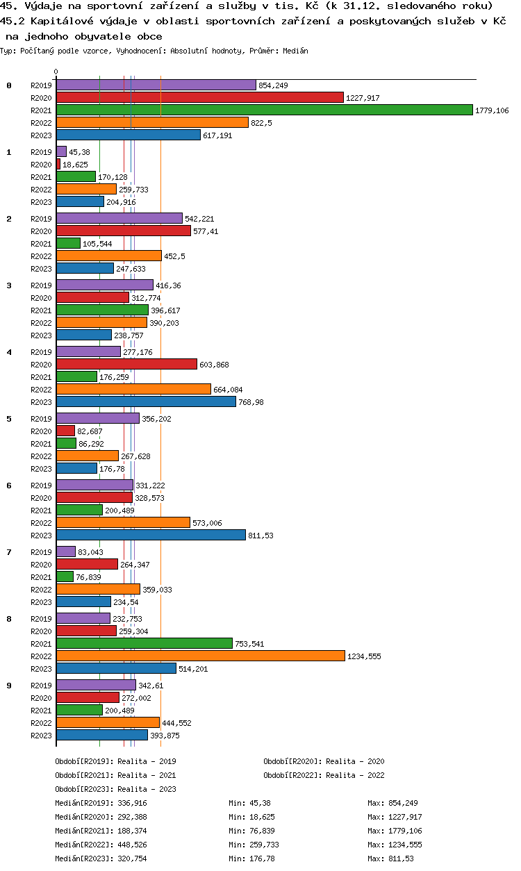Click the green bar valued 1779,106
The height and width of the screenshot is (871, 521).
pyautogui.click(x=264, y=110)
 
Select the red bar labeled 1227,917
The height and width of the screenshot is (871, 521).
pyautogui.click(x=199, y=97)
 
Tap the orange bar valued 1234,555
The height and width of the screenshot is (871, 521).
pyautogui.click(x=200, y=656)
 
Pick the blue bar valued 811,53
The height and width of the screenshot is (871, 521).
pyautogui.click(x=151, y=535)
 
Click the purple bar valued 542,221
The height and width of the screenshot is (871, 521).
pyautogui.click(x=119, y=218)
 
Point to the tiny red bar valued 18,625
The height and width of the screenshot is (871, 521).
pyautogui.click(x=58, y=164)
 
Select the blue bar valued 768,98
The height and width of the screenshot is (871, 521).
pyautogui.click(x=146, y=401)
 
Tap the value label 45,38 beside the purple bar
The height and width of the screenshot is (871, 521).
pyautogui.click(x=79, y=152)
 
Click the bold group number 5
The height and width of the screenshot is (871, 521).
pyautogui.click(x=9, y=419)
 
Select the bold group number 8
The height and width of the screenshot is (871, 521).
pyautogui.click(x=9, y=619)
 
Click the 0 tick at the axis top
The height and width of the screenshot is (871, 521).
pyautogui.click(x=56, y=72)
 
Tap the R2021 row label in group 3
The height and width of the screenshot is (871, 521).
pyautogui.click(x=41, y=310)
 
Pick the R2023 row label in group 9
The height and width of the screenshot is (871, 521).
pyautogui.click(x=41, y=736)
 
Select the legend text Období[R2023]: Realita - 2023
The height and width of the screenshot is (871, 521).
pyautogui.click(x=115, y=789)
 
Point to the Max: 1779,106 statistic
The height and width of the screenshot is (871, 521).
pyautogui.click(x=395, y=831)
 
